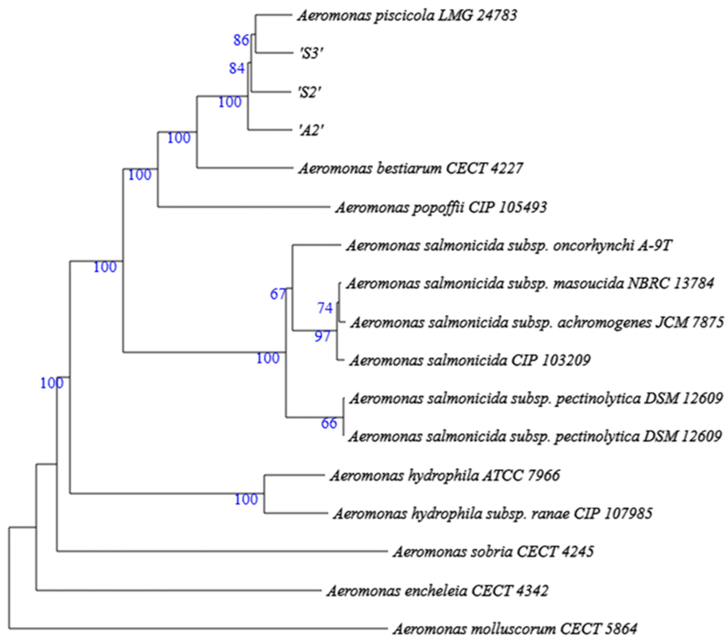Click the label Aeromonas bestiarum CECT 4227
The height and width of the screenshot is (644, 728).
coord(411,168)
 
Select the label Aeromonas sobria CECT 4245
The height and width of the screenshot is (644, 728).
coord(494,552)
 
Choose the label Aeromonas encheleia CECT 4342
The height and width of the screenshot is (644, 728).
coord(438,591)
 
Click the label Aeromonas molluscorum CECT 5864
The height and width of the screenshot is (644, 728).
coord(515,629)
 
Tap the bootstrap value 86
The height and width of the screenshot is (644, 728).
coord(241,40)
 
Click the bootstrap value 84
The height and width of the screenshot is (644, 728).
coord(237,68)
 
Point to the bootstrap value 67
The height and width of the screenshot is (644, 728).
coord(278,294)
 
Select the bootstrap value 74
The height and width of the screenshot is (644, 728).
coord(325,308)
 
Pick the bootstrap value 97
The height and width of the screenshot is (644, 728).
coord(322,336)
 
